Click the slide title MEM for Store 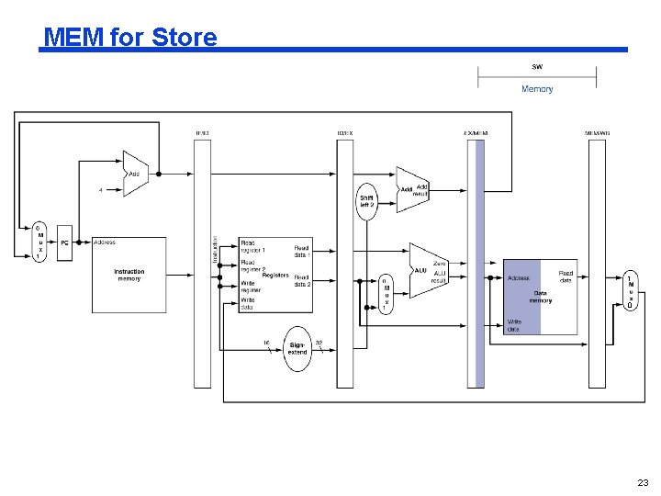(130, 38)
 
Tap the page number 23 (642, 483)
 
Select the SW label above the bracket (537, 66)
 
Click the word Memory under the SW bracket (537, 89)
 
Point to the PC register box (64, 242)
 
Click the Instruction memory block (129, 275)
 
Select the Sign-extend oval (297, 349)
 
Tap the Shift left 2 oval (366, 199)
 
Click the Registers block (275, 275)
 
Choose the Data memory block (541, 296)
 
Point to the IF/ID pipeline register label (202, 133)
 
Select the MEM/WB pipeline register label (597, 133)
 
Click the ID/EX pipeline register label (344, 133)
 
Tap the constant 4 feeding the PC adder (101, 190)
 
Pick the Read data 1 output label (302, 250)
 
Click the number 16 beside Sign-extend (266, 343)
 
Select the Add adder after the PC (135, 173)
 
